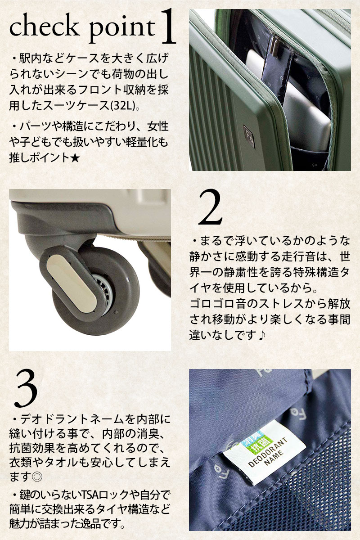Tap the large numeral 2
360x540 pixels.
click(210, 207)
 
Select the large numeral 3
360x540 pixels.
click(26, 389)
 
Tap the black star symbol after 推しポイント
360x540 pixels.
click(75, 158)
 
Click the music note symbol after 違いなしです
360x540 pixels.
click(261, 335)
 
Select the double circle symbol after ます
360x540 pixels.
click(37, 477)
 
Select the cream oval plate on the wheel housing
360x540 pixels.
click(72, 284)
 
